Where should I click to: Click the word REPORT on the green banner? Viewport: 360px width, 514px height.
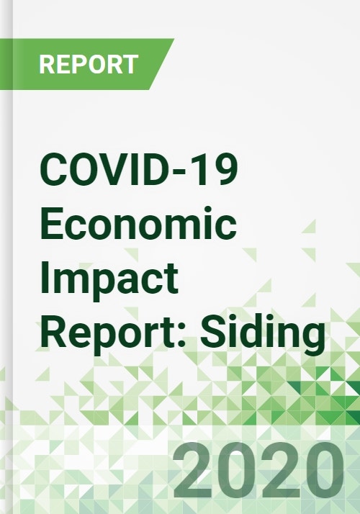pos(89,64)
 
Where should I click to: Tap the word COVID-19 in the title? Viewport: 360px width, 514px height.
pos(139,171)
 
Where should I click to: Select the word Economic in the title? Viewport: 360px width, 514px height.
pos(138,223)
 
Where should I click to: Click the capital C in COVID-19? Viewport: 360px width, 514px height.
pos(54,171)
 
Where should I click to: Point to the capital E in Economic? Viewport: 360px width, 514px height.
pos(52,223)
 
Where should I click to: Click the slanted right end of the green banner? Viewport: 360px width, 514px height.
pos(161,64)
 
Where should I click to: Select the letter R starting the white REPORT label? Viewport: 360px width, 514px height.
pos(46,64)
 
